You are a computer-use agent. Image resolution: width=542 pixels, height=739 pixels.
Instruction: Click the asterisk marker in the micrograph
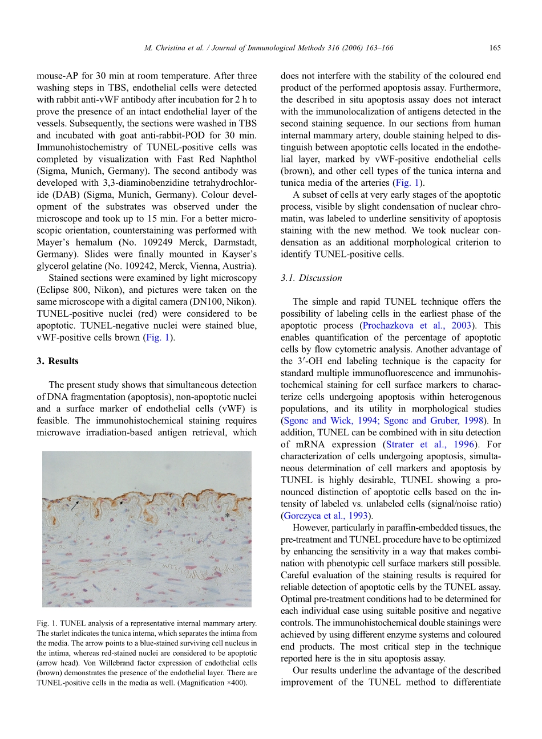pos(228,515)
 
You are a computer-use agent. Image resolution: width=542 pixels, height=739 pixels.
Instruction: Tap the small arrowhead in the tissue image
pos(121,503)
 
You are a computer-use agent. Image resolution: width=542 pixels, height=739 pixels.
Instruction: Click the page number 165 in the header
pos(495,48)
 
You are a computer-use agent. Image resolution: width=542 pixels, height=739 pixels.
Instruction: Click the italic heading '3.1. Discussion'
pos(311,278)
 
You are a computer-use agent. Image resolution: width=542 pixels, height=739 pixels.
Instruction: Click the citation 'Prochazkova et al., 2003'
pos(417,326)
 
